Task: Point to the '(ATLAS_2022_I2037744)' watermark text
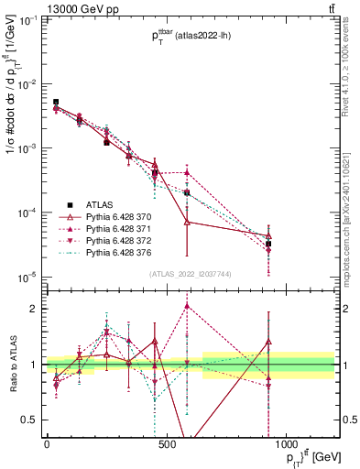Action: (x=190, y=274)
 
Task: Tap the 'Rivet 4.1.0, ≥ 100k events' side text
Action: (x=351, y=73)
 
